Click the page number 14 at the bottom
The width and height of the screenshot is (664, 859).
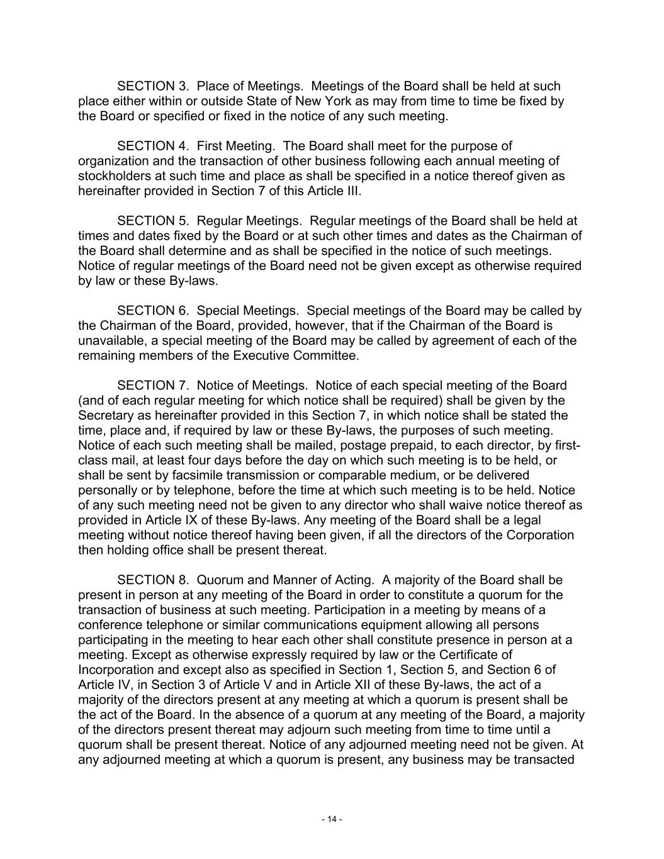pos(332,819)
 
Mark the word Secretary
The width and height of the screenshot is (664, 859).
pos(105,415)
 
